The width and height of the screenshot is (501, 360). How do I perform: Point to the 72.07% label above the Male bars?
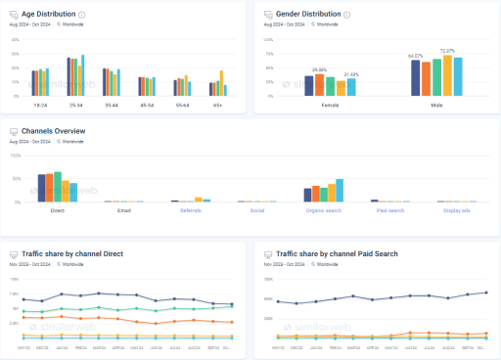(x=447, y=50)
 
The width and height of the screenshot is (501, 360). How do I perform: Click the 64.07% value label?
(x=415, y=56)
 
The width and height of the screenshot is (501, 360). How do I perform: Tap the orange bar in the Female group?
(x=319, y=84)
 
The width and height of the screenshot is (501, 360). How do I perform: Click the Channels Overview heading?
(x=53, y=130)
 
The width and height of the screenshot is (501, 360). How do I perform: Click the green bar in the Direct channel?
(x=58, y=186)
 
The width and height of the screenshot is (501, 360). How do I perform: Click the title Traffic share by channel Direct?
(x=76, y=253)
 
